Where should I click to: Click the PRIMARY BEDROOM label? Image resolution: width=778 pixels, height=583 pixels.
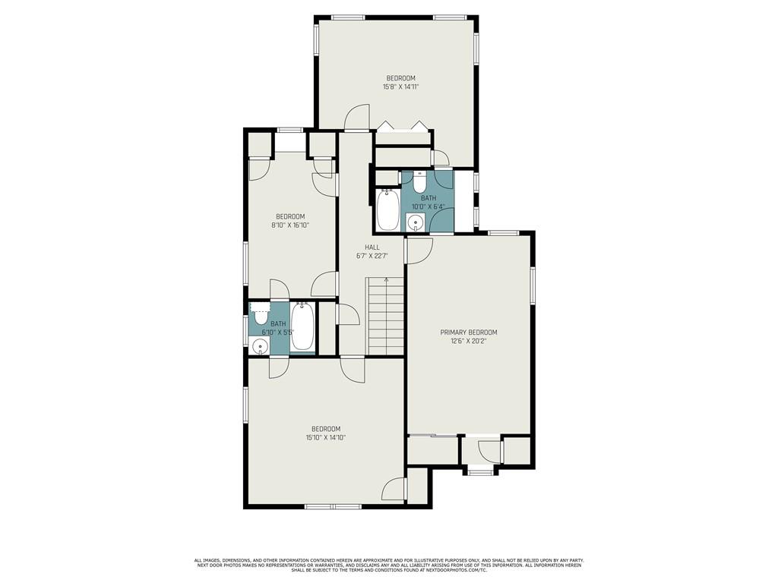[x=468, y=332]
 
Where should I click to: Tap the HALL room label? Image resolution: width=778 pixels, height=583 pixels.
[x=372, y=247]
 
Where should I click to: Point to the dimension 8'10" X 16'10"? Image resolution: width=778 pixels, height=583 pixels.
[x=290, y=225]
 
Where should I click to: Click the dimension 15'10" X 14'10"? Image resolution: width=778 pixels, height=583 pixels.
[x=326, y=438]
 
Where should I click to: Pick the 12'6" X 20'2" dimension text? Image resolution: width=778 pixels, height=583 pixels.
[x=468, y=341]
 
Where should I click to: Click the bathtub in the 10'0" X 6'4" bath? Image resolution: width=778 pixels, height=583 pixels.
[x=387, y=210]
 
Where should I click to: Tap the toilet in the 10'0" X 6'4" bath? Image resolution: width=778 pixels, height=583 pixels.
[x=419, y=182]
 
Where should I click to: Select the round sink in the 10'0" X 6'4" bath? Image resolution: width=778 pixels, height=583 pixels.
[x=415, y=222]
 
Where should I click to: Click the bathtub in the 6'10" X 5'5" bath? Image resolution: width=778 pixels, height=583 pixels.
[x=302, y=326]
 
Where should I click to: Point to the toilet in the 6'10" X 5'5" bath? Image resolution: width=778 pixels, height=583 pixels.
[x=260, y=312]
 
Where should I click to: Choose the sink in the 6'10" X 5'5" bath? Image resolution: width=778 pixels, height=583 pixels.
[x=259, y=345]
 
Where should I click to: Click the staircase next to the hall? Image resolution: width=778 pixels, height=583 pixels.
[x=385, y=317]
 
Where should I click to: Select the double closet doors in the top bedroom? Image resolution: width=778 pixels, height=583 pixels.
[x=402, y=126]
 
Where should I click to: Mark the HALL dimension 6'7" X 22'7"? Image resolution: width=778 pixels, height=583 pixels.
[x=372, y=257]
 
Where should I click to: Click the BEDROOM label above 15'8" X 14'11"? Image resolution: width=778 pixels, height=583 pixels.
[x=401, y=78]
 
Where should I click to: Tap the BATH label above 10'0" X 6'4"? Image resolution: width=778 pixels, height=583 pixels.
[x=429, y=198]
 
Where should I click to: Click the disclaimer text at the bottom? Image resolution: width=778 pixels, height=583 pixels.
[x=389, y=565]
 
